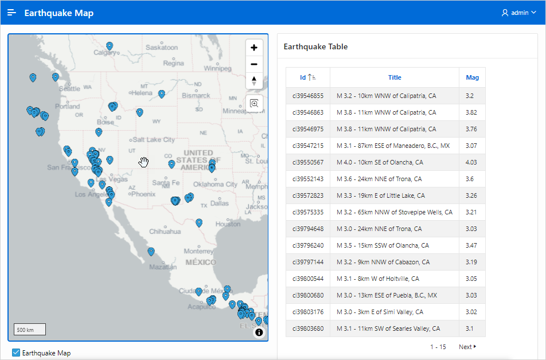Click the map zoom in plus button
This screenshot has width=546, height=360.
coord(254,48)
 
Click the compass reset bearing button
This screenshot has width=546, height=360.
coord(254,81)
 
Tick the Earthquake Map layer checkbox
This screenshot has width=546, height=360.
coord(16,353)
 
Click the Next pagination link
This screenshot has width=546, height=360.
coord(467,347)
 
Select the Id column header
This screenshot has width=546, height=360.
coord(307,77)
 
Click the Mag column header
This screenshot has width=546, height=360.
coord(472,77)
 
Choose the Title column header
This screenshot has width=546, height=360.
coord(395,77)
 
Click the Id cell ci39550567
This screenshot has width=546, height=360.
coord(308,162)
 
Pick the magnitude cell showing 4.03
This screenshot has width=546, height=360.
coord(471,162)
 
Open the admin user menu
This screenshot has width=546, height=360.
coord(518,13)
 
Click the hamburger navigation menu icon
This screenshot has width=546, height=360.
coord(12,13)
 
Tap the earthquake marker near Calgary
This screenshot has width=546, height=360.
coord(110,46)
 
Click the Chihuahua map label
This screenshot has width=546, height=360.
coord(165,232)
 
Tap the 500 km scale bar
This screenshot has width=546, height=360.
coord(30,330)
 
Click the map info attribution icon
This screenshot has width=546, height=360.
coord(259,332)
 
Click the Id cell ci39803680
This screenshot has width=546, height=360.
coord(308,328)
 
